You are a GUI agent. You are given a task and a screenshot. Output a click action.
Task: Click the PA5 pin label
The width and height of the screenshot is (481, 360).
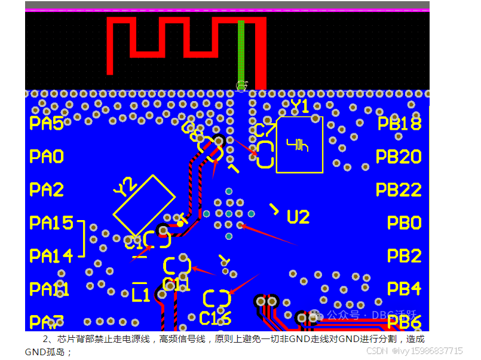(46, 124)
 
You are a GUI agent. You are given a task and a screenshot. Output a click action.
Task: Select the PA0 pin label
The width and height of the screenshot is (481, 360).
(46, 157)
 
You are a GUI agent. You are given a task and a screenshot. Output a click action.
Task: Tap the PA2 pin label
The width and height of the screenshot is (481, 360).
(46, 190)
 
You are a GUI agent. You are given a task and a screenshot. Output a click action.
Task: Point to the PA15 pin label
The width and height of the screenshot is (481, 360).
(51, 223)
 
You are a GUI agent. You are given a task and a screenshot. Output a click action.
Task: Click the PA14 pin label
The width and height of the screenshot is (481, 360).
(51, 256)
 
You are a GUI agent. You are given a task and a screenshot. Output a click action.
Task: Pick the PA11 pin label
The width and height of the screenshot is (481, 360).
(49, 289)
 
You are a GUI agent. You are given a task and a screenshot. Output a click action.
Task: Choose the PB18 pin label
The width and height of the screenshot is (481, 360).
(400, 124)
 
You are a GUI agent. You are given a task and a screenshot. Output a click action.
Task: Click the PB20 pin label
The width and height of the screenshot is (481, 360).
(399, 157)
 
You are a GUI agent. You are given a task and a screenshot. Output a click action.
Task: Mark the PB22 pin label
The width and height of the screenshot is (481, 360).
(399, 190)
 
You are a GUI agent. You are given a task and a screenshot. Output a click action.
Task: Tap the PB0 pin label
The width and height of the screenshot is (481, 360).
(404, 223)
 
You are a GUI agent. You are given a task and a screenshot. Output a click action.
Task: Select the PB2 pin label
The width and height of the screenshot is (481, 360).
(404, 256)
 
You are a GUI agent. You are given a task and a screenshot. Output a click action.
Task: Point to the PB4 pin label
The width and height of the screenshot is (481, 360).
(404, 289)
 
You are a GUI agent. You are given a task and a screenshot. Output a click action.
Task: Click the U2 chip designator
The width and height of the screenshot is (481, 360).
(298, 217)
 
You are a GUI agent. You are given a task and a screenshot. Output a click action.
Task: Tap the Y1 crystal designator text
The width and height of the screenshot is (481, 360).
(300, 107)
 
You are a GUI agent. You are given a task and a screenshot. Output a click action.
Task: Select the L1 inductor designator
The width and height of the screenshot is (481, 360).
(140, 295)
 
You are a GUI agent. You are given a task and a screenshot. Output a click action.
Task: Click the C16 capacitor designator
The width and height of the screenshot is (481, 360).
(215, 317)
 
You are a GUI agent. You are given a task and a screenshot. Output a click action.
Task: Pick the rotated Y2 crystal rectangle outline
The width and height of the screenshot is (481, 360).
(144, 206)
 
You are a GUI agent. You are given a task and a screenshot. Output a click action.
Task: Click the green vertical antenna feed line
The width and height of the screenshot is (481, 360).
(241, 51)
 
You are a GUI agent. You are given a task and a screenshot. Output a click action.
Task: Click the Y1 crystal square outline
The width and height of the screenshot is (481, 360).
(299, 145)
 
